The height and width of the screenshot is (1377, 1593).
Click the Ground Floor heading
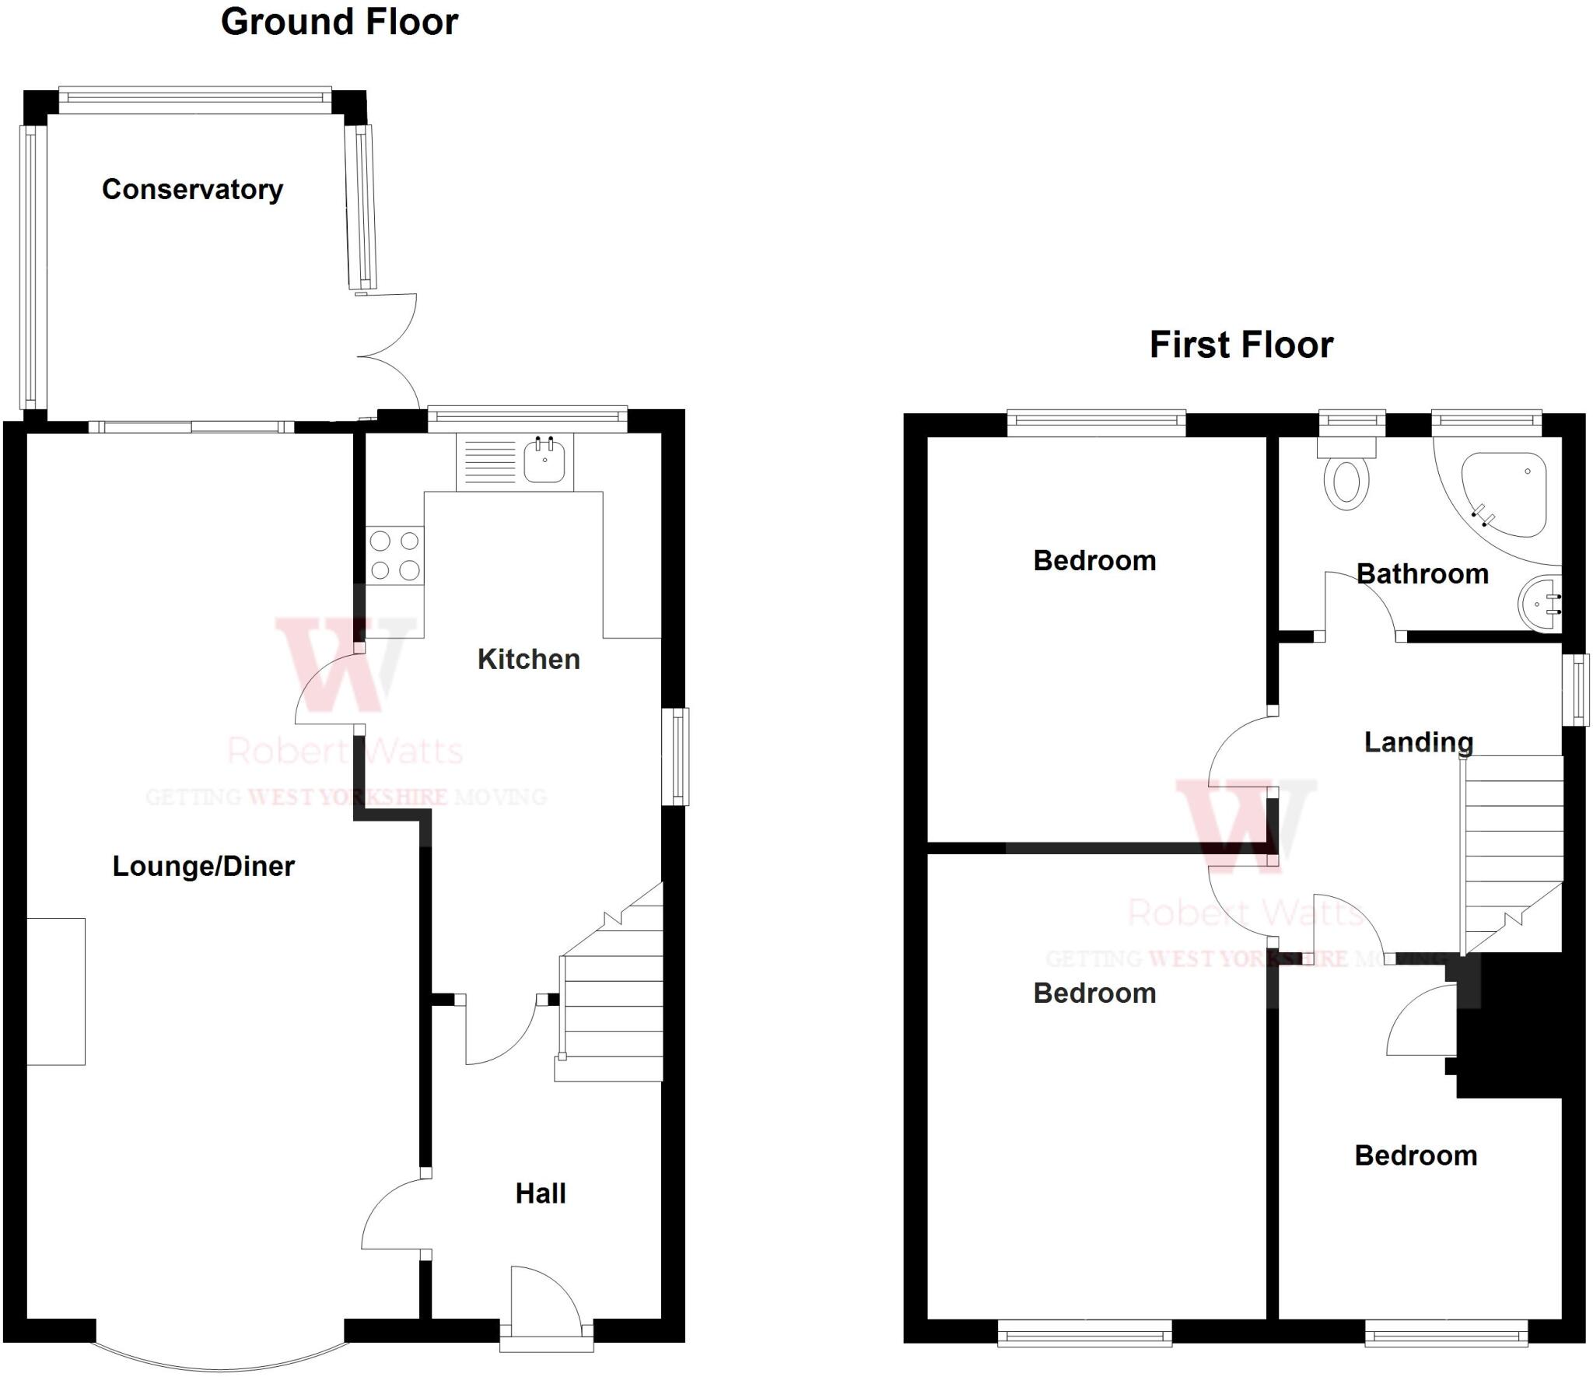(x=339, y=22)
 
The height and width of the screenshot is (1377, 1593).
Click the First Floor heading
(x=1241, y=345)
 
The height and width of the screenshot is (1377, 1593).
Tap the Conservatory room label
(x=192, y=190)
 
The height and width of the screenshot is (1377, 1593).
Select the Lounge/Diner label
(x=203, y=866)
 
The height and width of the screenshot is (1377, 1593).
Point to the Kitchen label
(x=528, y=659)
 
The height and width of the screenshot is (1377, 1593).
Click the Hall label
(x=540, y=1193)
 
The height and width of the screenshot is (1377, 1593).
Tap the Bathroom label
(x=1422, y=574)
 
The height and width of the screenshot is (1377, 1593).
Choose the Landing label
(x=1418, y=741)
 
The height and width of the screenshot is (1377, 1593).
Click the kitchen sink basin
(x=544, y=461)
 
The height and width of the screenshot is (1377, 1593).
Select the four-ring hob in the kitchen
(x=395, y=555)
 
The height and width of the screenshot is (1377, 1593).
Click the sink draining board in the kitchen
(x=489, y=461)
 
